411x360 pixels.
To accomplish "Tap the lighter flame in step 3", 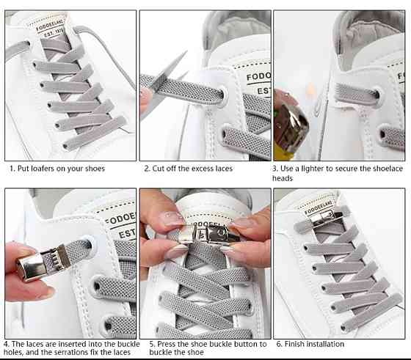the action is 310,91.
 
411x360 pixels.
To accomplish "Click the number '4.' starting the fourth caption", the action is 7,344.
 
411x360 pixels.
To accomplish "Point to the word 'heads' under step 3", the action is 283,178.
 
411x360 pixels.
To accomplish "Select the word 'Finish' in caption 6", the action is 294,344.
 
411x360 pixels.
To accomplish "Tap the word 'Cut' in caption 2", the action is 158,169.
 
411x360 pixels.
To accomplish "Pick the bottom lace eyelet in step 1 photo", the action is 65,147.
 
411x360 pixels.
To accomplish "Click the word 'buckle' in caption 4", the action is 128,344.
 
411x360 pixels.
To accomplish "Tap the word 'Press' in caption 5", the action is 166,344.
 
